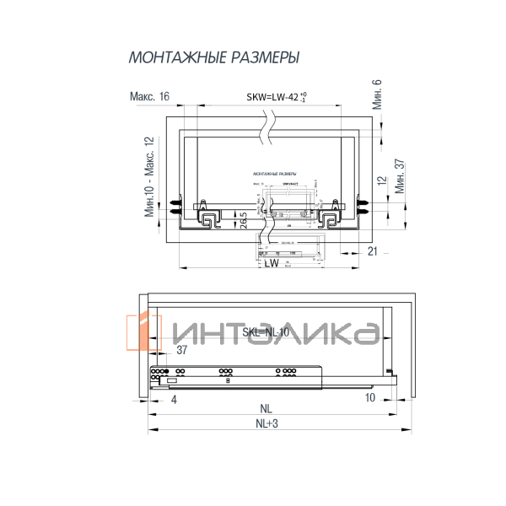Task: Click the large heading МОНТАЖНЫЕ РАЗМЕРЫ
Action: point(213,58)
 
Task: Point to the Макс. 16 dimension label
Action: point(150,97)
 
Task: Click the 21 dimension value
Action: point(372,252)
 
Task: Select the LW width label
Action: point(270,264)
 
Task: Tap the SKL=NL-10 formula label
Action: point(266,332)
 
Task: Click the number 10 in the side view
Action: point(369,397)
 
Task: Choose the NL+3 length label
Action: point(266,423)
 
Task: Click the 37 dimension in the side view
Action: point(181,350)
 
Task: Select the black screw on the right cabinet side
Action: point(363,203)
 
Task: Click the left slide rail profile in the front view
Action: point(207,219)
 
